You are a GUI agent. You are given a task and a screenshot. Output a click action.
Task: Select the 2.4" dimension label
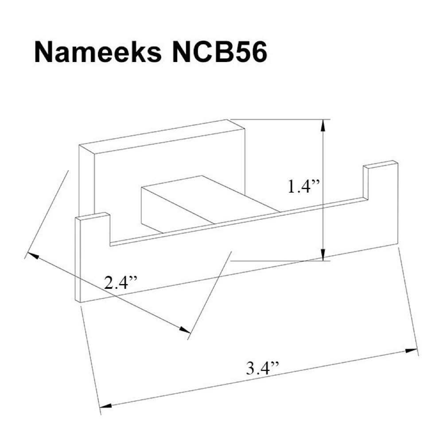tap(121, 282)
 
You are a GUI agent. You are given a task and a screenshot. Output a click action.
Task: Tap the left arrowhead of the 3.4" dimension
tap(104, 405)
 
